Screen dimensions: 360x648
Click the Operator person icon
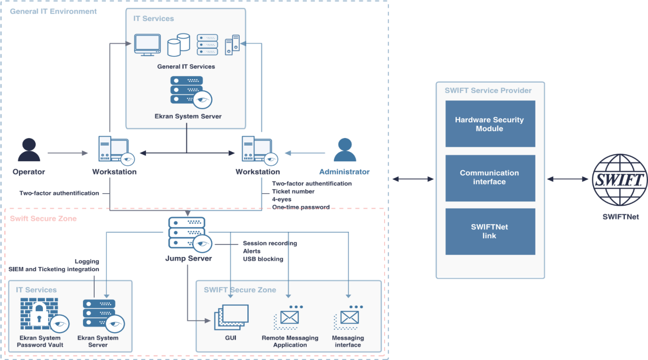pos(29,150)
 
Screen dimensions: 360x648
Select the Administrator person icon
pos(345,150)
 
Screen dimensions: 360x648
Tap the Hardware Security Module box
pos(490,124)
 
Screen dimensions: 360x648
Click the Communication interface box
pos(490,178)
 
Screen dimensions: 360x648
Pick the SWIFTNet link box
pos(490,231)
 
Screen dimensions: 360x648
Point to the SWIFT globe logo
pos(619,180)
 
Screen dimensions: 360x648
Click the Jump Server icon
pos(187,233)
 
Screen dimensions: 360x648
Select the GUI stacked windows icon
pos(231,317)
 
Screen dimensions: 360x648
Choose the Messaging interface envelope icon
pos(347,318)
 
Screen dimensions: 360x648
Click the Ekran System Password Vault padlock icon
pos(39,315)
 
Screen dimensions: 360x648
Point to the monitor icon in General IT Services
pos(147,45)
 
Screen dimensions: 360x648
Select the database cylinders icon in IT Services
pos(179,45)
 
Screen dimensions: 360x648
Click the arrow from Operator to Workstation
pos(68,153)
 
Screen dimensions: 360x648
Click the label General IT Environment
pos(53,11)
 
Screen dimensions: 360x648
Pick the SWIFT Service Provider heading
pos(488,91)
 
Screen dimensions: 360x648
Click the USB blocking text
pos(263,259)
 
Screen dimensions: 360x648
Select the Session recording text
pos(270,243)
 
